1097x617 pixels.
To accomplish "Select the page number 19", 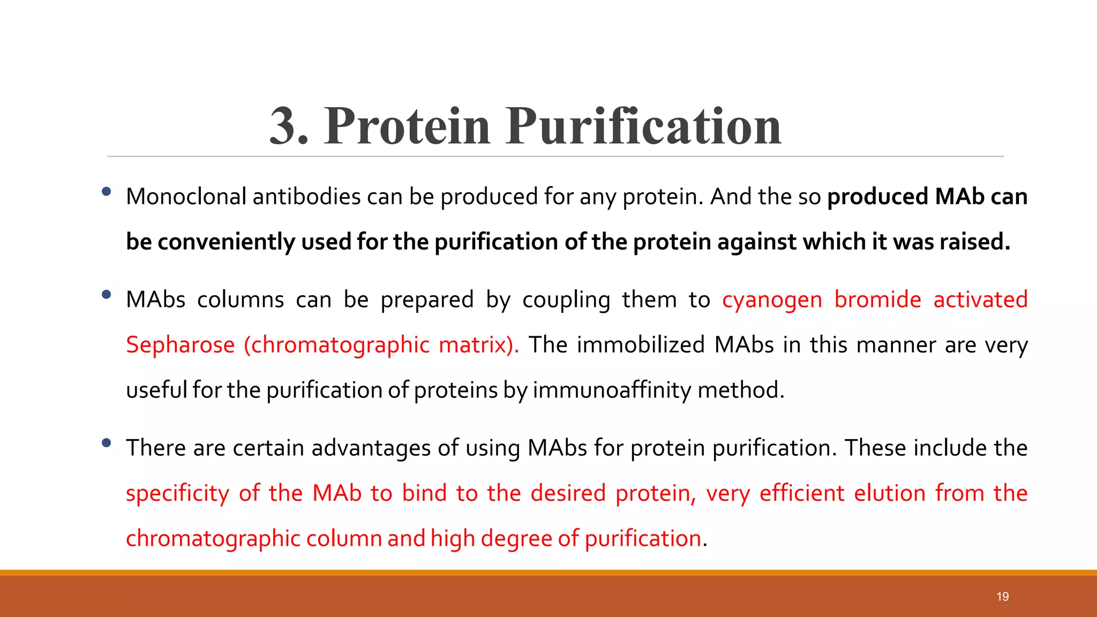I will pos(1003,597).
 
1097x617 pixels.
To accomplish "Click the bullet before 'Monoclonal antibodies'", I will pos(106,191).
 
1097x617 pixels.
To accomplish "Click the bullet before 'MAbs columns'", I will pos(106,294).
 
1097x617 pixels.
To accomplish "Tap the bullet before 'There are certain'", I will pos(106,442).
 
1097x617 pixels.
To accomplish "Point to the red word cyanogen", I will pos(772,300).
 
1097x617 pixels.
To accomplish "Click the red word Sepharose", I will pos(180,345).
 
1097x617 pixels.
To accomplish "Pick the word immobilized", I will pos(641,344).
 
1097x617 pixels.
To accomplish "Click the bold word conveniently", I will pos(226,242).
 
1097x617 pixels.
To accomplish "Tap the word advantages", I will pos(371,448).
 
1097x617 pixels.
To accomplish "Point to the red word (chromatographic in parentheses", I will pos(336,345).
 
